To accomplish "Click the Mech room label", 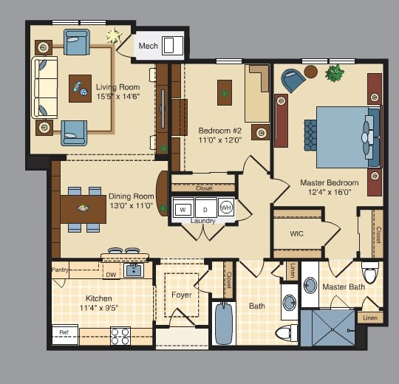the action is [148, 46].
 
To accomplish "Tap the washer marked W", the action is [183, 209].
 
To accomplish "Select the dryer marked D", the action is [205, 209].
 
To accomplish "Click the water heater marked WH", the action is [226, 208].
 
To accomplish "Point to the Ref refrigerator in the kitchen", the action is [65, 335].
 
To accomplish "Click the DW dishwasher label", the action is [111, 275].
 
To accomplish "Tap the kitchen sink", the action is [134, 270].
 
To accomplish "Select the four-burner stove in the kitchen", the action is [120, 336].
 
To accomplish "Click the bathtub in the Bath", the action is [224, 323].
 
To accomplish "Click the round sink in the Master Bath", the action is [310, 285].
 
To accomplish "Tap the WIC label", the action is [297, 233].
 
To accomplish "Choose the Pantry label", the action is [60, 270].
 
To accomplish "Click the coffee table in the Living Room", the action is [80, 89].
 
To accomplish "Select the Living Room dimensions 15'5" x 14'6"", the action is [118, 97].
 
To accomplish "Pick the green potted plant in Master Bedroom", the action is [335, 73].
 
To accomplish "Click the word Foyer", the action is [182, 295].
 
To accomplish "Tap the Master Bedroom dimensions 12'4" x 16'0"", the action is [330, 192].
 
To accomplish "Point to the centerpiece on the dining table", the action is [83, 208].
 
